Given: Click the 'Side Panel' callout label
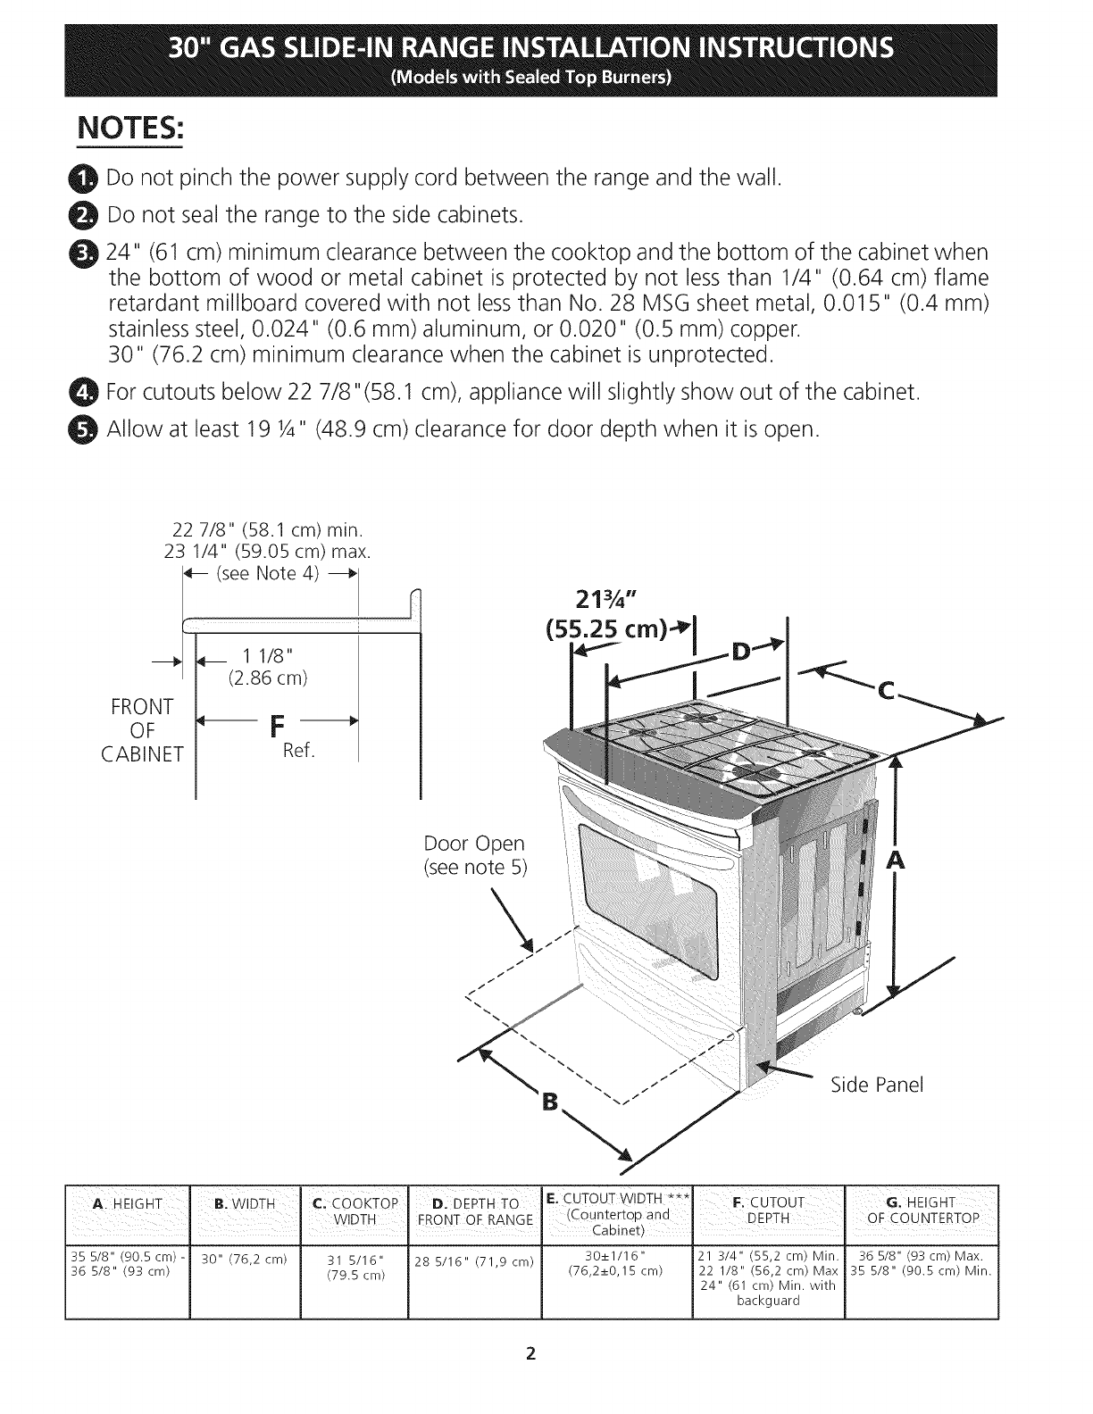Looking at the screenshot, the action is (x=876, y=1085).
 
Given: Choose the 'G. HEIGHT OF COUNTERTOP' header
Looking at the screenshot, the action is (x=922, y=1210).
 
